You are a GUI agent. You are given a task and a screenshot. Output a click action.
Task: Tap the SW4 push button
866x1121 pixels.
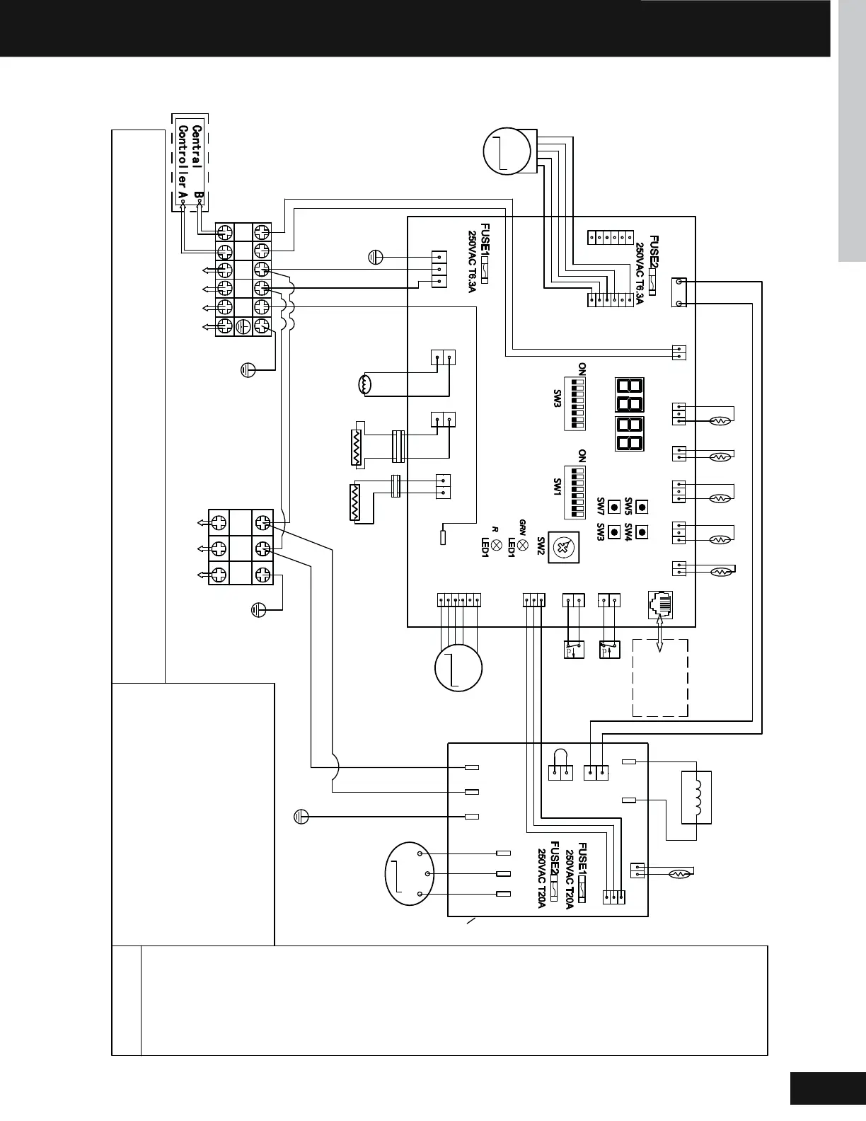pos(642,531)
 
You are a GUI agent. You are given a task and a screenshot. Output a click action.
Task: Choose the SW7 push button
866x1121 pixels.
pos(613,507)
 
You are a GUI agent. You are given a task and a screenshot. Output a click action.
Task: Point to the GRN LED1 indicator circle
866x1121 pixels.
pos(522,544)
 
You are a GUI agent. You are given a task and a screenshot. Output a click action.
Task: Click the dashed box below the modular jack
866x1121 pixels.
pos(659,677)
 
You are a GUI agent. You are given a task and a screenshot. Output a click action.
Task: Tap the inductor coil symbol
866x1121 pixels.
pos(695,797)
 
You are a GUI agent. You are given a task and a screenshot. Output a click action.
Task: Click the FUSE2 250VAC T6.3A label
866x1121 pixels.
pos(647,270)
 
